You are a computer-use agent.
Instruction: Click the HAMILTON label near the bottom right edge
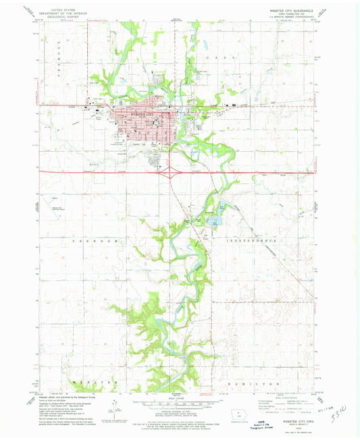click(259, 383)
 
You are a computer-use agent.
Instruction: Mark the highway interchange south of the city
click(165, 171)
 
